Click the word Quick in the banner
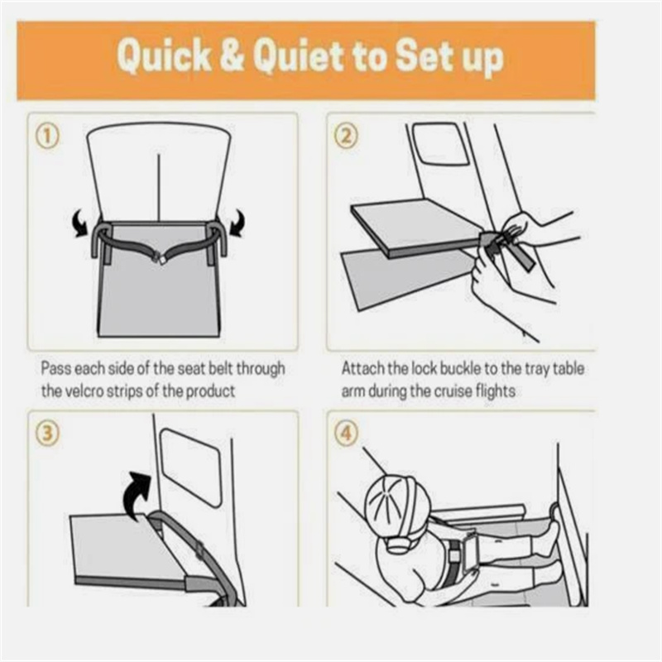164,56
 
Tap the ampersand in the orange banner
233,55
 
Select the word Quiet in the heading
299,55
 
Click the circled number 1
47,137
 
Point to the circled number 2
346,137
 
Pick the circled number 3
47,434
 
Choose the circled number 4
346,434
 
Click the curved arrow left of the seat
80,223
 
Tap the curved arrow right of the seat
237,223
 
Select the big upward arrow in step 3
135,495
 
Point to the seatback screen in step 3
192,468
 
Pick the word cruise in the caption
453,391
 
